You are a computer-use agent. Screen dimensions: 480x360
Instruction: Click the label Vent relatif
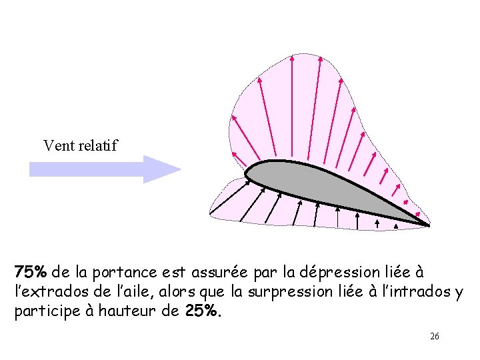point(80,145)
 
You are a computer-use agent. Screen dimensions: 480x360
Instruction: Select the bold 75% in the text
point(31,273)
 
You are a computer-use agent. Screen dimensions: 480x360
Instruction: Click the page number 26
point(435,337)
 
